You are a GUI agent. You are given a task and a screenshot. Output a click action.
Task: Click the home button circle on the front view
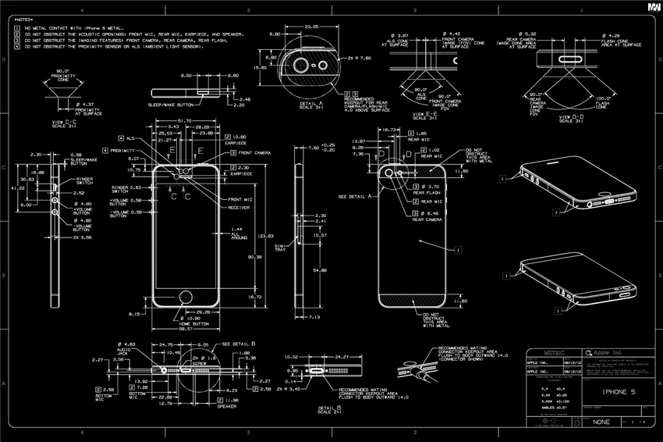click(185, 297)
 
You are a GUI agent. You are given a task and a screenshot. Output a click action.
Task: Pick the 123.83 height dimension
click(265, 235)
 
